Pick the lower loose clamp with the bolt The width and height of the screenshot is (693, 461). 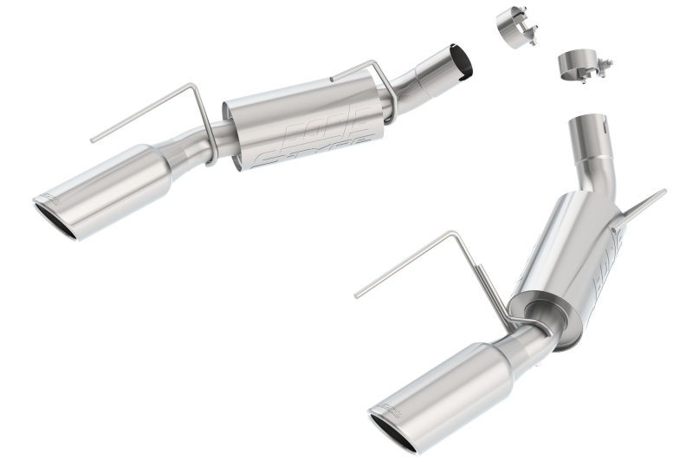579,62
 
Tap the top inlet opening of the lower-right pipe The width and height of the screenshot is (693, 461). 586,119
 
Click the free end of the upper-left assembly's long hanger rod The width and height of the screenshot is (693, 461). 93,139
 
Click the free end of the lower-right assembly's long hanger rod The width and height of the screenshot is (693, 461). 356,295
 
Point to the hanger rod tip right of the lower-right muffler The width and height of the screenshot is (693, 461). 663,192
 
